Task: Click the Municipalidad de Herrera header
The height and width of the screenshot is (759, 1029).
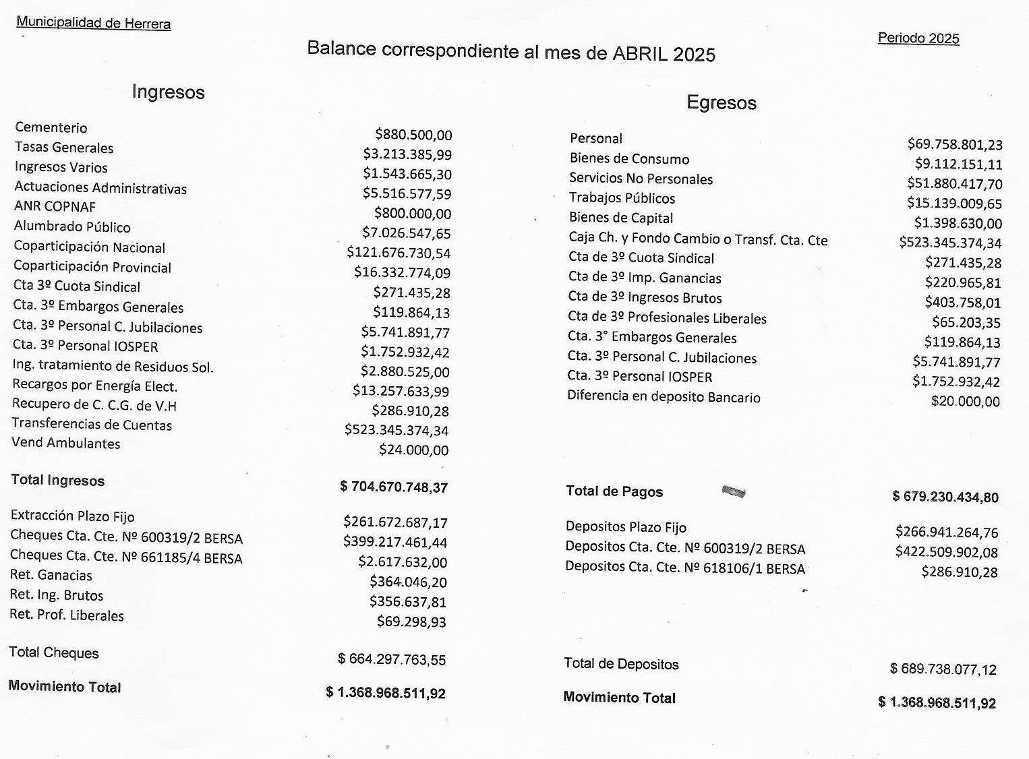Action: point(93,22)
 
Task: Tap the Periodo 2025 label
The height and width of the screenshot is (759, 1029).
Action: point(918,38)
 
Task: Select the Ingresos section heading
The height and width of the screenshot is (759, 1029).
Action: point(168,92)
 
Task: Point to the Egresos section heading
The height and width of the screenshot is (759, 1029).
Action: point(721,102)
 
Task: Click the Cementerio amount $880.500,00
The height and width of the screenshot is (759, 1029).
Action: point(413,135)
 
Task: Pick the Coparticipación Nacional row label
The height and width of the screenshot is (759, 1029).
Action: point(89,247)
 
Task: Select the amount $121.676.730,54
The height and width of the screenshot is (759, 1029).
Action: point(398,253)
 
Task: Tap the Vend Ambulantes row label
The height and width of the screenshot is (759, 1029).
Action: point(65,443)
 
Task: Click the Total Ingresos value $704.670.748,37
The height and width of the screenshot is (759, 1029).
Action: point(394,487)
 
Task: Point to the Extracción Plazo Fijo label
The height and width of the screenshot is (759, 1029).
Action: point(72,516)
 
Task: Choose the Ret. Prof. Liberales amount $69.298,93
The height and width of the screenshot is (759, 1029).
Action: point(411,621)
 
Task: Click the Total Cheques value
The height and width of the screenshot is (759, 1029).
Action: point(392,659)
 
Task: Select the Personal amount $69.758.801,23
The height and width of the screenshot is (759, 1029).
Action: point(954,144)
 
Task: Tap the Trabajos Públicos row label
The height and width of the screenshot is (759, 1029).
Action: point(622,198)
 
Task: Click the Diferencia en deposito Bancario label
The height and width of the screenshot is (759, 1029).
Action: point(664,396)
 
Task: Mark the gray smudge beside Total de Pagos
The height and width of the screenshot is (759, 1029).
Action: point(734,491)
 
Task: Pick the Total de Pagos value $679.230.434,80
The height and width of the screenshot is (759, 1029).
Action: point(945,497)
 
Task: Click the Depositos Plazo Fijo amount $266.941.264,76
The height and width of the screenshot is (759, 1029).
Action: point(946,532)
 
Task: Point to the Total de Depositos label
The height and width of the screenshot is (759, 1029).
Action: point(621,664)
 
